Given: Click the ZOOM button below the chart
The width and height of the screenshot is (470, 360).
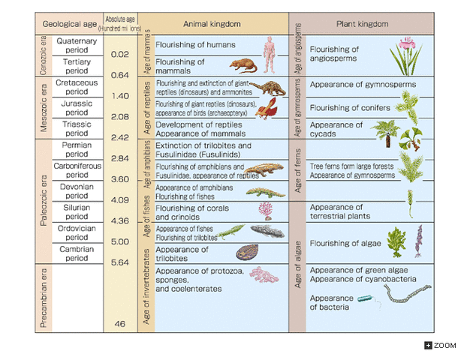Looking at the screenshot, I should pos(441,345).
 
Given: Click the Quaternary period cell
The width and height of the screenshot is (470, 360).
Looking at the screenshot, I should pos(77,46).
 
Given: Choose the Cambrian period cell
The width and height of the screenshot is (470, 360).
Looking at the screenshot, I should pos(77,253).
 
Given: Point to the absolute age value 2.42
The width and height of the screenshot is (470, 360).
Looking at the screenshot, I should pos(119,137).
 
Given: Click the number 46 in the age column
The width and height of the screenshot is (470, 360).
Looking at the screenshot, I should pos(119,323).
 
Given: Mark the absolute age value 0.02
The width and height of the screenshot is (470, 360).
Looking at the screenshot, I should pos(119,54).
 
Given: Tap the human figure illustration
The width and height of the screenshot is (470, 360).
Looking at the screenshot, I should pos(269,53).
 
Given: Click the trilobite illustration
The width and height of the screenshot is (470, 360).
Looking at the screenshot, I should pos(247,253).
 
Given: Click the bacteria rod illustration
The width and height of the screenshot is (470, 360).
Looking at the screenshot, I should pos(366,301).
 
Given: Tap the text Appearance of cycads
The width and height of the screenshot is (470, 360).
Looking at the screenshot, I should pos(336,129).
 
